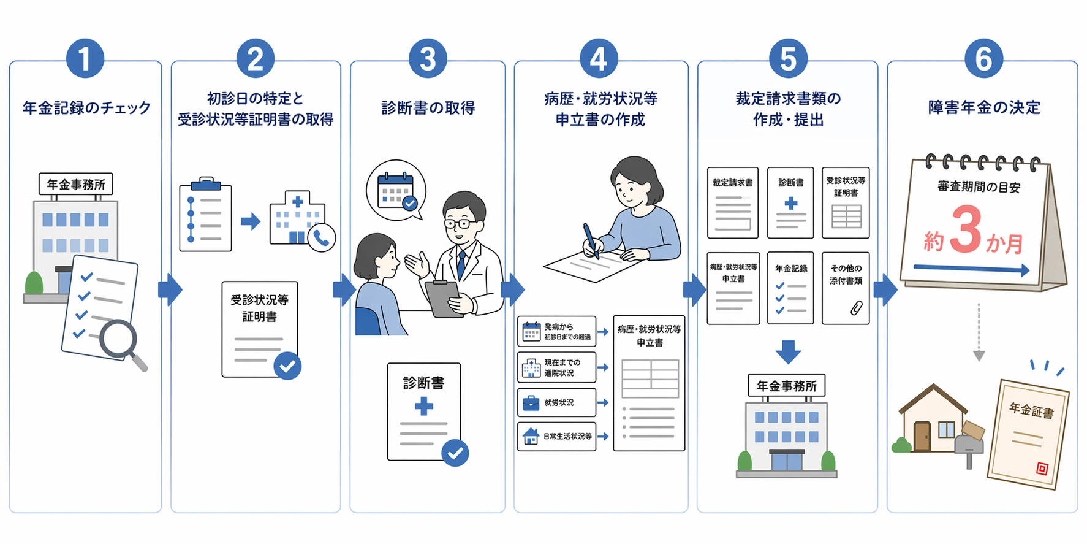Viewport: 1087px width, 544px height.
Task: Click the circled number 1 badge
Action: click(x=85, y=59)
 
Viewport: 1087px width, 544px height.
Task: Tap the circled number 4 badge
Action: click(x=599, y=59)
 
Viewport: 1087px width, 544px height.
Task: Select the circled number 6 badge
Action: click(x=983, y=59)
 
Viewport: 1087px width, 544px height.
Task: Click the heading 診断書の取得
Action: click(x=428, y=108)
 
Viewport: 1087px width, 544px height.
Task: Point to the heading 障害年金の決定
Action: click(x=984, y=107)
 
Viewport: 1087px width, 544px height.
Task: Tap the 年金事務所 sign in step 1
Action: click(x=76, y=184)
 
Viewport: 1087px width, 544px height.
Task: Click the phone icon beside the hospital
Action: click(x=322, y=238)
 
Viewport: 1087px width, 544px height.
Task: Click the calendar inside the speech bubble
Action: click(x=396, y=191)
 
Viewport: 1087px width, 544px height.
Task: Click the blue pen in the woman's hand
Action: click(x=591, y=240)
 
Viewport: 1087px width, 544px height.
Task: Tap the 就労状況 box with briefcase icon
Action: click(x=556, y=402)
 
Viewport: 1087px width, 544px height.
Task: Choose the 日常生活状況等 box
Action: click(x=556, y=436)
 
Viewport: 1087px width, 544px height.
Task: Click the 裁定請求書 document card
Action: click(x=732, y=203)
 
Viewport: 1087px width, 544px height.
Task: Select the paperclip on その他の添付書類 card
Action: click(x=856, y=308)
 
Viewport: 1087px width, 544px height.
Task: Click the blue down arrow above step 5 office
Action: click(x=788, y=352)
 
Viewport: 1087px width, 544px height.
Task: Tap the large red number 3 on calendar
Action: click(x=967, y=229)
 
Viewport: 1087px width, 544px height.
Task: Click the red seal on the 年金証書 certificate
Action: click(x=1042, y=469)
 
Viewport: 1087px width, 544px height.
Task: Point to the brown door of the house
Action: click(x=922, y=436)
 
